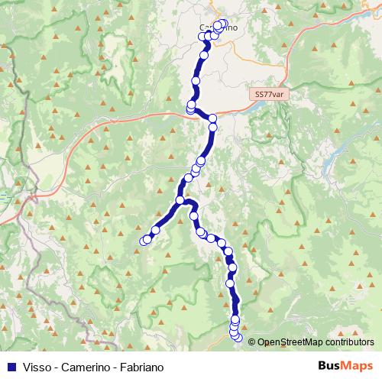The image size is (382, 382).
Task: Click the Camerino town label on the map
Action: [218, 28]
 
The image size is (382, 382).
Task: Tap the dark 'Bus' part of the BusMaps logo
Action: [330, 364]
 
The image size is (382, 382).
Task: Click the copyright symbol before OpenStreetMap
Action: [251, 342]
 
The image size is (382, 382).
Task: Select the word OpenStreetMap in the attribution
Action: [289, 342]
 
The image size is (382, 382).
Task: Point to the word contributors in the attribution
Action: [348, 342]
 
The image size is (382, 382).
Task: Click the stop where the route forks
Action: [180, 200]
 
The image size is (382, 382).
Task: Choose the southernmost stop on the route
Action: [238, 337]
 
